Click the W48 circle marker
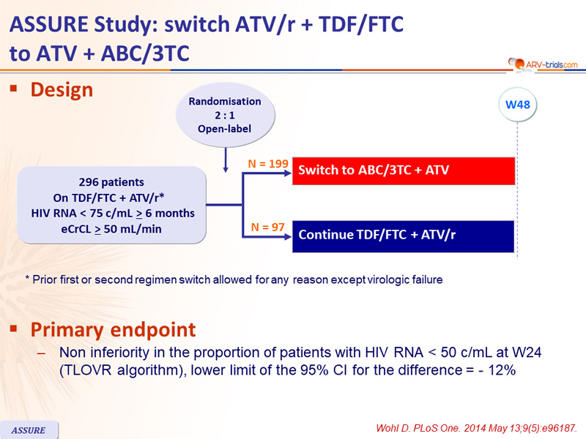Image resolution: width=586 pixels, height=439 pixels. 518,105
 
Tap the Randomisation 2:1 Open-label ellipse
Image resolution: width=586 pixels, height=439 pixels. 225,115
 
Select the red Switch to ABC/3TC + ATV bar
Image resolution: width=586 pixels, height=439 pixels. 404,170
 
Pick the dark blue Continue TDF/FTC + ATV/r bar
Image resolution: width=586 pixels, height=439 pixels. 404,236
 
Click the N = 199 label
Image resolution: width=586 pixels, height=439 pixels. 268,163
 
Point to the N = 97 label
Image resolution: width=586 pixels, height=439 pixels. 267,227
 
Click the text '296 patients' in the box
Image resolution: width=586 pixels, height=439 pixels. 111,182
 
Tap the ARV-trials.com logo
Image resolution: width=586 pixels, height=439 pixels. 543,64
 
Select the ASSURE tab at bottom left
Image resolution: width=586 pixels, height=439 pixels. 29,430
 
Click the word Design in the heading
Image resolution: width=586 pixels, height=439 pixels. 62,90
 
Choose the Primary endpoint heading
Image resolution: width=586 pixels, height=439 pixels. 113,330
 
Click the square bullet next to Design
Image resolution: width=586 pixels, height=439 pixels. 14,89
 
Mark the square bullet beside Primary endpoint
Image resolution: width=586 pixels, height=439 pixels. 14,328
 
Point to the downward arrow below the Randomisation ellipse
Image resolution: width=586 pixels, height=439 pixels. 226,160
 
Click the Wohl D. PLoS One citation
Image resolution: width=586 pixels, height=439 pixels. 477,428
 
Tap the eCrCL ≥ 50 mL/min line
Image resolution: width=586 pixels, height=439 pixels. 111,229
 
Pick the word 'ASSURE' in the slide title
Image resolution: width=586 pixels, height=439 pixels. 50,25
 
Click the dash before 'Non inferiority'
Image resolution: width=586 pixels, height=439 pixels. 42,353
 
